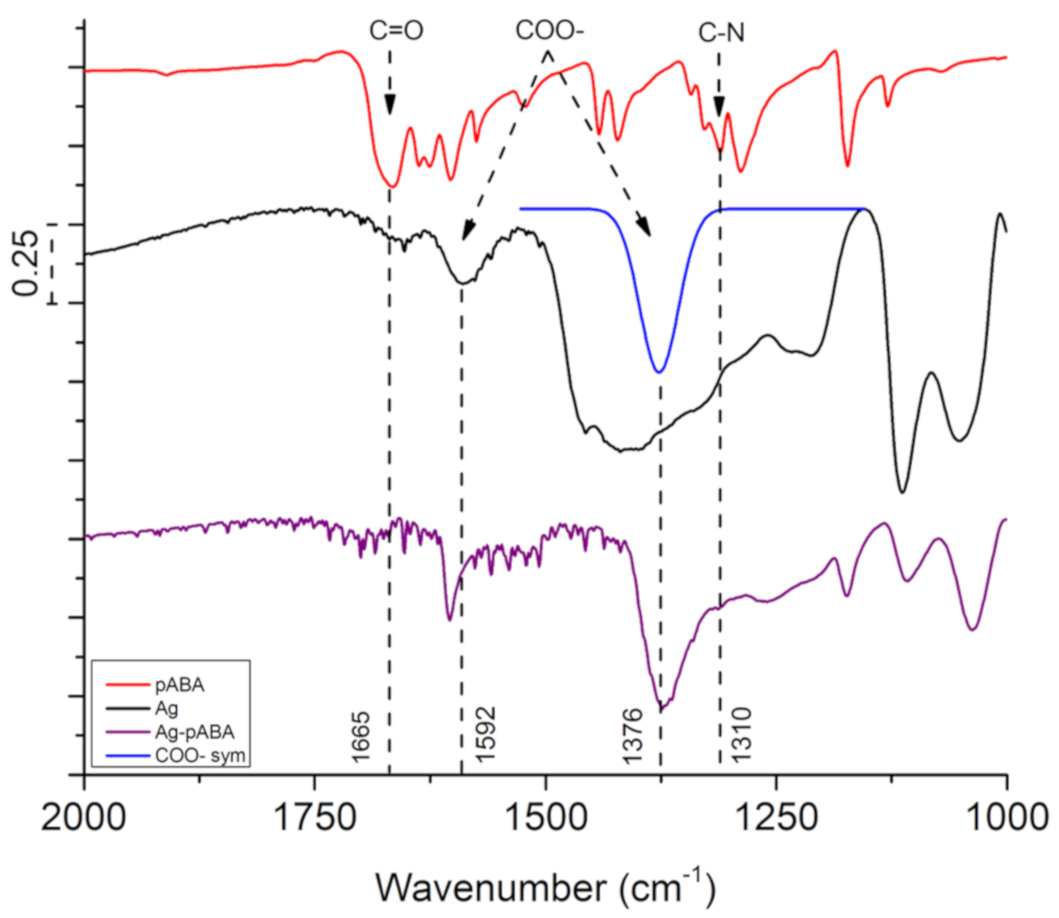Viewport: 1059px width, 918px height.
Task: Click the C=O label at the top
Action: (x=396, y=31)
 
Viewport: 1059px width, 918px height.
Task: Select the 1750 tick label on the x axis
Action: (x=314, y=818)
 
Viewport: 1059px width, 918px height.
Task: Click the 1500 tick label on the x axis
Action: (x=547, y=818)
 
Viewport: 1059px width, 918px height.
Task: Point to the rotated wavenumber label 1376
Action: (x=633, y=736)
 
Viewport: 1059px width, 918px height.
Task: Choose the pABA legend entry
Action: (x=179, y=685)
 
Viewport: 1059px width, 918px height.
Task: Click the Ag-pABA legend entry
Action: (x=195, y=732)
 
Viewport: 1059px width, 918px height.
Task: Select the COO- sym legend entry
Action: (x=200, y=756)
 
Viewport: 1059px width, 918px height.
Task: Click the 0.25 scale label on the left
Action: (x=26, y=263)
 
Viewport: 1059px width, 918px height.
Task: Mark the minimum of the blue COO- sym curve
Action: (x=659, y=372)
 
